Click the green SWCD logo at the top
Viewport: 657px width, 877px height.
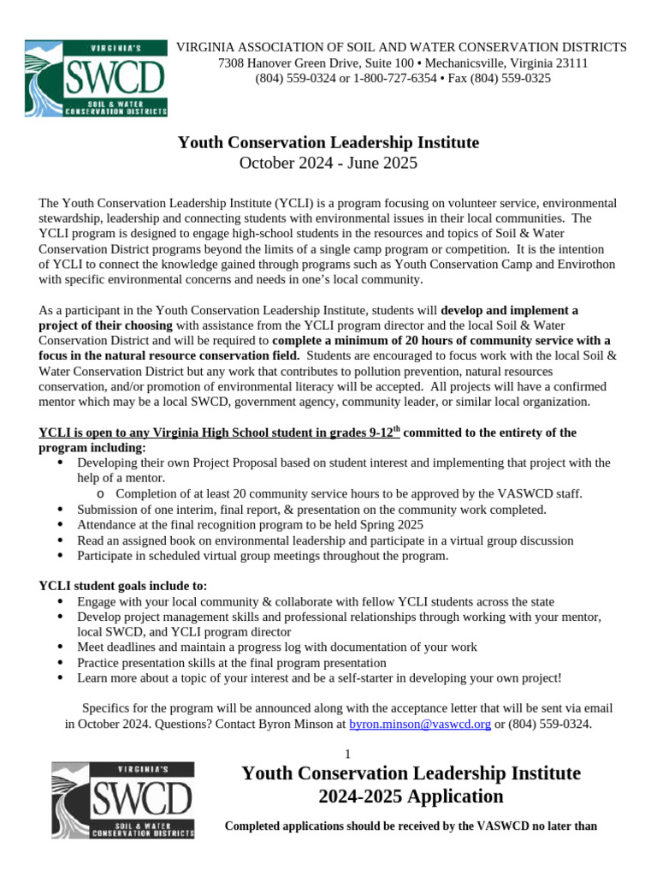[x=96, y=77]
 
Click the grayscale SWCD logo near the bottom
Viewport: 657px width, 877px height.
[x=121, y=800]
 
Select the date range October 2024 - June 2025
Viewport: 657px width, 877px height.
[x=328, y=163]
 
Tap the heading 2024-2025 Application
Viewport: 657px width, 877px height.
[x=411, y=796]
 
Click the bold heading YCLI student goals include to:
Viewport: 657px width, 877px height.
[x=123, y=586]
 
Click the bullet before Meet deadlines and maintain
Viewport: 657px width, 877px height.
[x=59, y=647]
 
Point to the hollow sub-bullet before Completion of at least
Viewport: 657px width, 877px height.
[x=102, y=494]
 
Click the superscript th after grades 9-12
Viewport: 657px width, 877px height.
[x=395, y=428]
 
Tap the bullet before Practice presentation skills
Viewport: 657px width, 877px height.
[x=59, y=663]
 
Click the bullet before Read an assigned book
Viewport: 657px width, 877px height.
[x=59, y=541]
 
